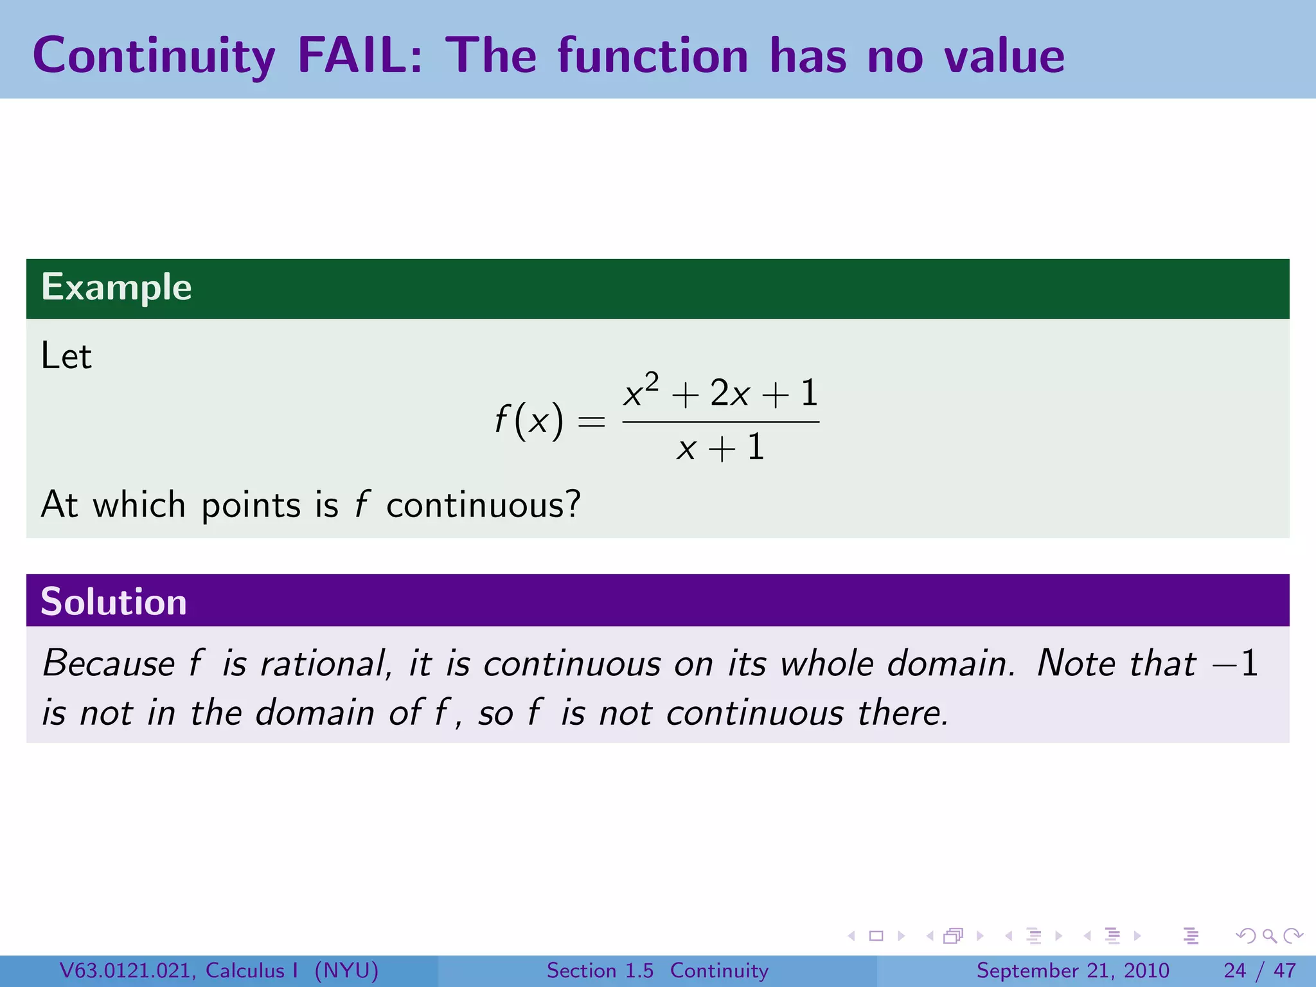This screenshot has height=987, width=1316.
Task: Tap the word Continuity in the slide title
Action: (154, 57)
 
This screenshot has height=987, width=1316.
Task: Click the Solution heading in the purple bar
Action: (114, 602)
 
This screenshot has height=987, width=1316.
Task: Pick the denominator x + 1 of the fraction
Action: (720, 447)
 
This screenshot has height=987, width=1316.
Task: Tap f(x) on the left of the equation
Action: (528, 421)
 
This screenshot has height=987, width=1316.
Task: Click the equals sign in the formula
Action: (591, 422)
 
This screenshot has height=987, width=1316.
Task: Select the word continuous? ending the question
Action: (483, 505)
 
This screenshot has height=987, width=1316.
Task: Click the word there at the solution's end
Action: (903, 713)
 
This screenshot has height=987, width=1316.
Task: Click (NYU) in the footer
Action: (346, 970)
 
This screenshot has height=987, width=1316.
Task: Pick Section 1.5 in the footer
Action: (600, 970)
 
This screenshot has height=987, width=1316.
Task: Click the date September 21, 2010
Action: (1072, 970)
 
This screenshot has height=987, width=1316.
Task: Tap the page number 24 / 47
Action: (1259, 970)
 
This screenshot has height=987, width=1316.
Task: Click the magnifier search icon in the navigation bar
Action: (1269, 936)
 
